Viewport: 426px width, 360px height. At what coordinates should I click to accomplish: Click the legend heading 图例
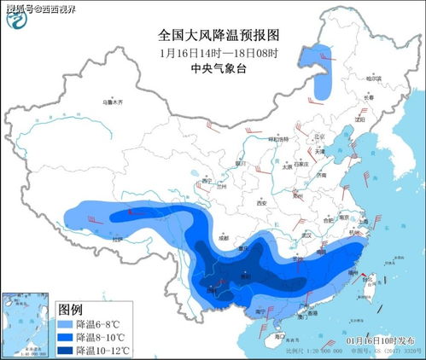coord(70,309)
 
